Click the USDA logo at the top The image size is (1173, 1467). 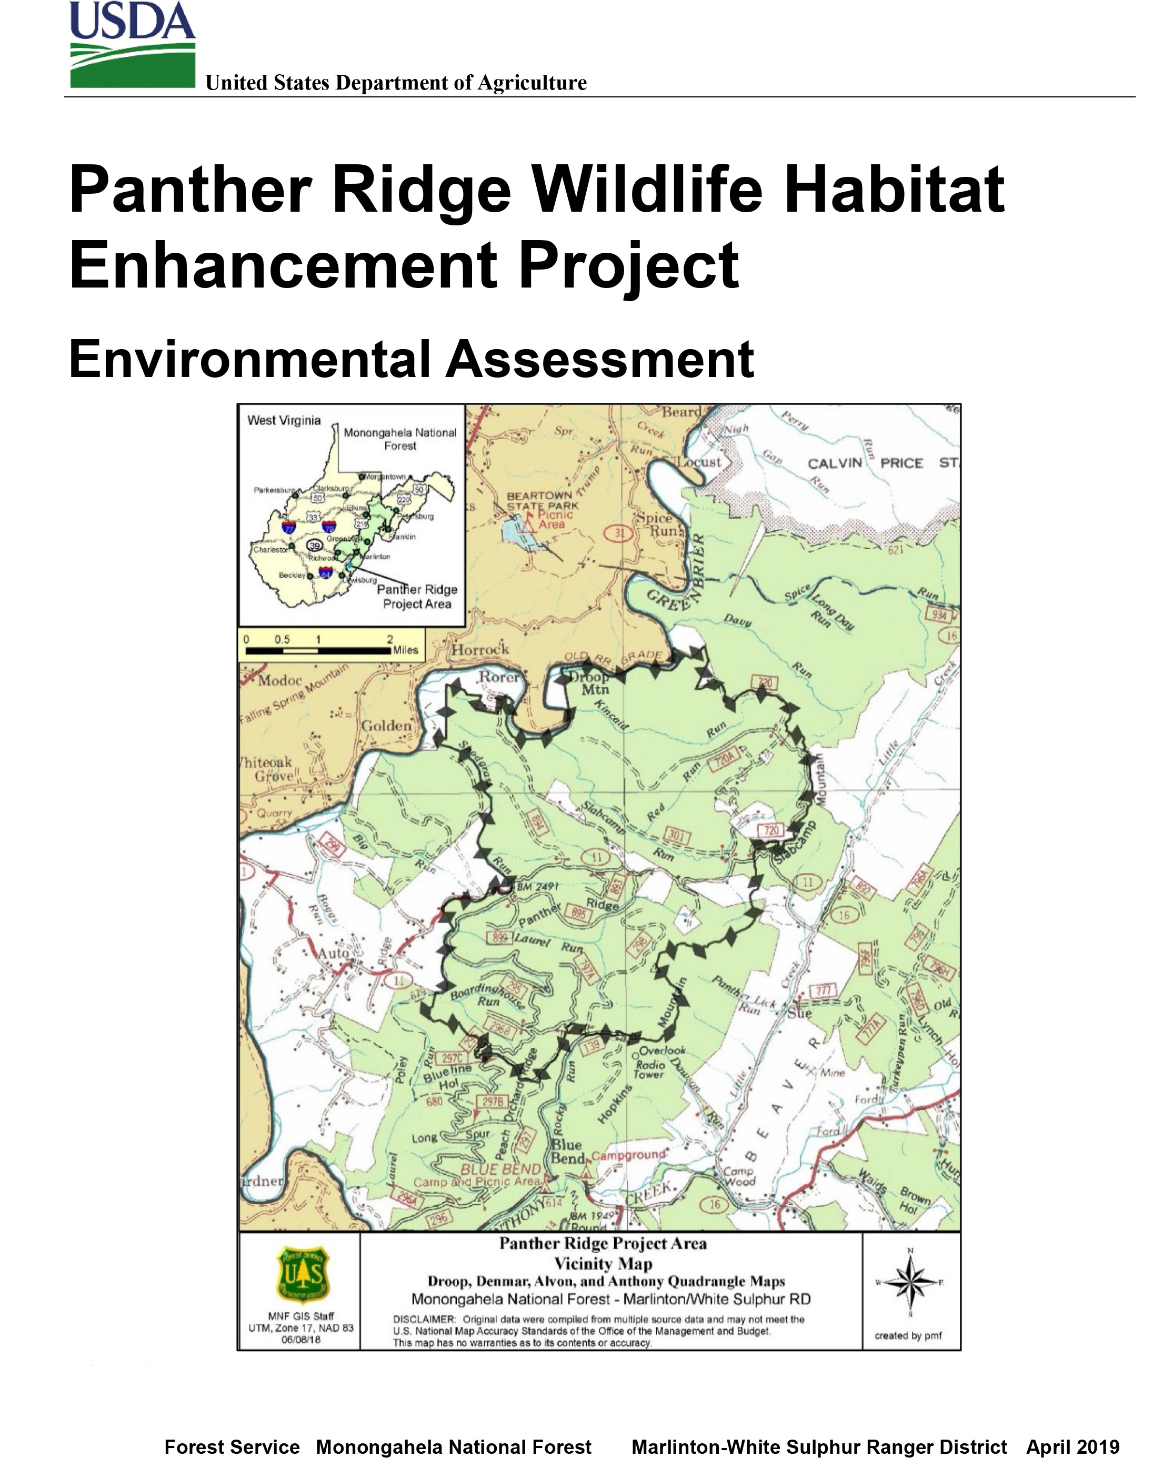[132, 45]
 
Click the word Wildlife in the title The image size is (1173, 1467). [646, 190]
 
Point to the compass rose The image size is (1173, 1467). [910, 1282]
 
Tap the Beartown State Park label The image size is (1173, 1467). [542, 500]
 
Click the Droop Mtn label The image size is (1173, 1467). [590, 682]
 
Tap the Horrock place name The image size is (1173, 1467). [480, 649]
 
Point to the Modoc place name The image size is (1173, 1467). [279, 680]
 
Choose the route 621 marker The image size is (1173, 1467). [895, 549]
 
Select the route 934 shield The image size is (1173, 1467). [938, 615]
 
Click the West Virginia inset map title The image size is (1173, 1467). [284, 420]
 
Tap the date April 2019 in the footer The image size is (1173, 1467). [1072, 1446]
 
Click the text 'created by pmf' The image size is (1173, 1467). [908, 1335]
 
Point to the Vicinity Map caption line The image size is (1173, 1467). [603, 1264]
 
